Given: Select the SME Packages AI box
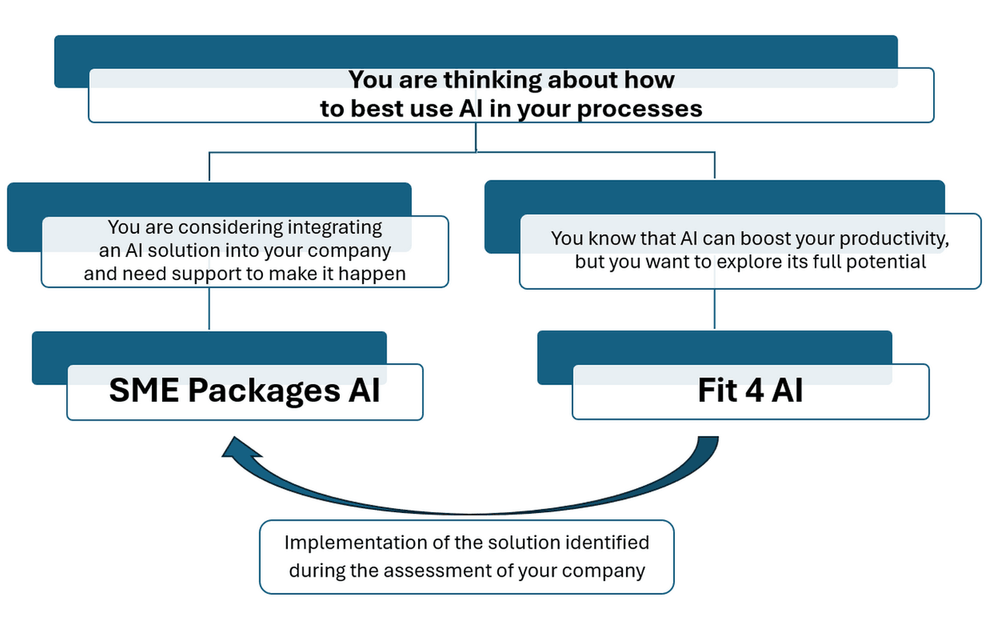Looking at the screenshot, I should (244, 392).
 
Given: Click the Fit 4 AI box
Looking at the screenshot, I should (749, 392).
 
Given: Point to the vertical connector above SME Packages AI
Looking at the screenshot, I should (209, 309).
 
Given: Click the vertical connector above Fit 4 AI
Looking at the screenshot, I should (714, 309).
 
